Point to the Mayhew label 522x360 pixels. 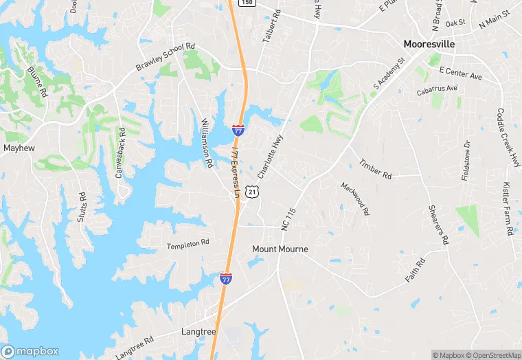click(19, 148)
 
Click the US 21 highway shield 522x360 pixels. click(253, 192)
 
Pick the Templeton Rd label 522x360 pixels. click(188, 244)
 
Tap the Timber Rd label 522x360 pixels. click(375, 170)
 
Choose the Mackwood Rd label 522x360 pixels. click(354, 199)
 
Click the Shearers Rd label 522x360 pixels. click(438, 225)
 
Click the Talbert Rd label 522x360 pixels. click(272, 27)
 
